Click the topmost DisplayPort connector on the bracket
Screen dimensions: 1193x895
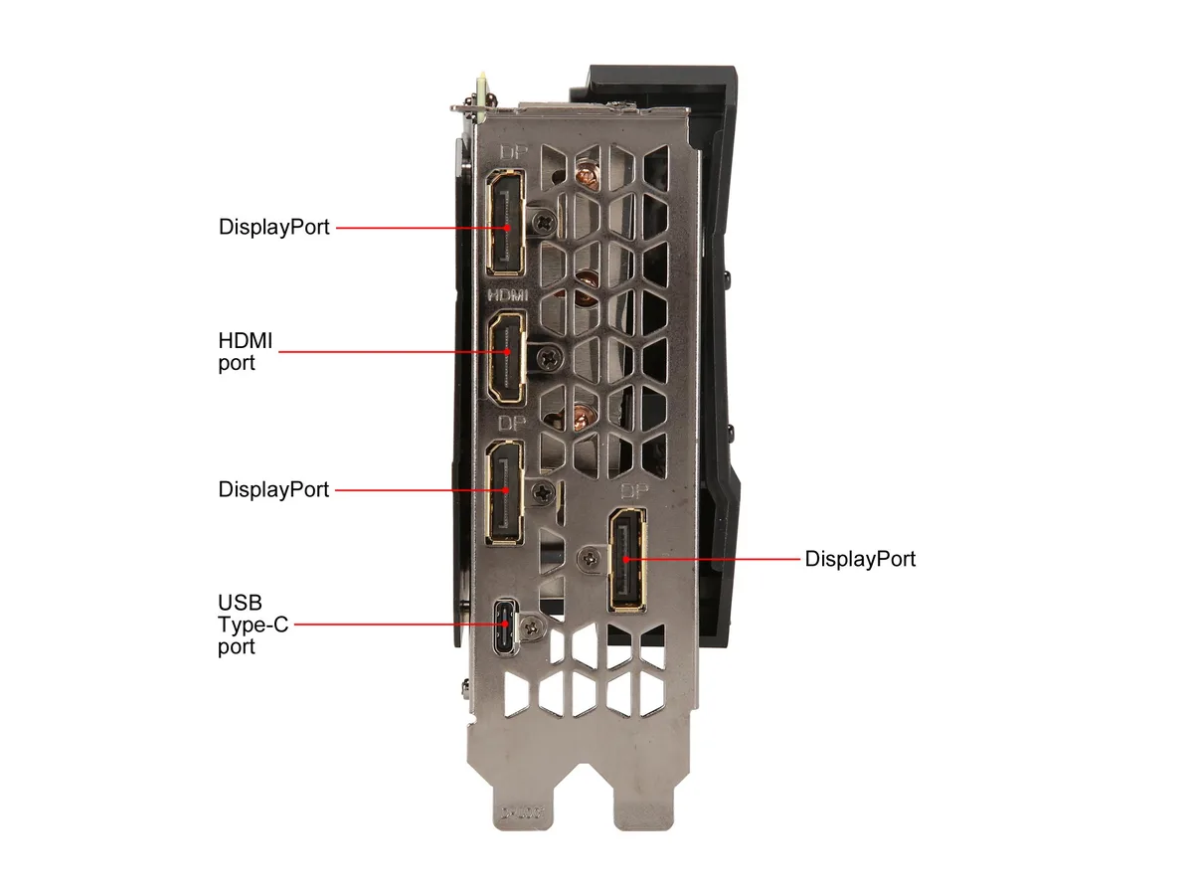(x=506, y=222)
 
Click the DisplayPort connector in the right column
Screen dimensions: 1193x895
(x=627, y=560)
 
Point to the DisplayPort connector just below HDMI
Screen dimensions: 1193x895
(x=505, y=492)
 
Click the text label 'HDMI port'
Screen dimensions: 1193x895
(x=246, y=352)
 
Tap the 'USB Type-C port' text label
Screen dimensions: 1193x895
(x=253, y=625)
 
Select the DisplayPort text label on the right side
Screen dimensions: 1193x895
(x=860, y=559)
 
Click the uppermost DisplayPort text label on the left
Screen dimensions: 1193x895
(x=274, y=227)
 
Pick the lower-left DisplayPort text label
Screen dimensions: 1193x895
(x=273, y=489)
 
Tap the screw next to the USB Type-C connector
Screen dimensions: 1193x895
(x=532, y=628)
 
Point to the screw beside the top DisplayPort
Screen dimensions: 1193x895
(x=544, y=222)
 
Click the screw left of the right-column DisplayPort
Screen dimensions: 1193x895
(x=591, y=558)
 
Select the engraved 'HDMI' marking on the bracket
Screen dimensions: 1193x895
(x=508, y=295)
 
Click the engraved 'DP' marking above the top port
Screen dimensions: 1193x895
(x=513, y=152)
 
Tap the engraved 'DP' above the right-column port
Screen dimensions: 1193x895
(x=633, y=492)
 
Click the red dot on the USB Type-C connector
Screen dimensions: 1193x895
(x=507, y=624)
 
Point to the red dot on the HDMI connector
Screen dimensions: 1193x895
(x=507, y=352)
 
